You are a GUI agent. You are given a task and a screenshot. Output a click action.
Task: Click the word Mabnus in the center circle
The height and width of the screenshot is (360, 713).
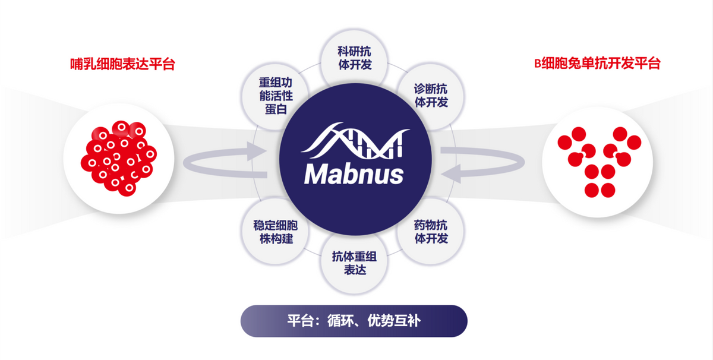pyautogui.click(x=354, y=174)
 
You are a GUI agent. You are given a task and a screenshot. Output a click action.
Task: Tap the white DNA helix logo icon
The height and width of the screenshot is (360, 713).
pyautogui.click(x=355, y=141)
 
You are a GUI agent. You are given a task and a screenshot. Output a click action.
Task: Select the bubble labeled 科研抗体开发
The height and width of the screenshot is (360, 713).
pyautogui.click(x=354, y=58)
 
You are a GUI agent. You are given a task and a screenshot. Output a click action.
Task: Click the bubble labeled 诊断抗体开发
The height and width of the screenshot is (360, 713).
pyautogui.click(x=431, y=96)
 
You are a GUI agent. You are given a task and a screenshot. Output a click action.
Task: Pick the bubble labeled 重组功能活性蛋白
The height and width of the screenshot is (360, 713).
pyautogui.click(x=276, y=96)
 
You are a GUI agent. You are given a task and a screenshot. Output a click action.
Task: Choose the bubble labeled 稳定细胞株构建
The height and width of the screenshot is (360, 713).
pyautogui.click(x=276, y=232)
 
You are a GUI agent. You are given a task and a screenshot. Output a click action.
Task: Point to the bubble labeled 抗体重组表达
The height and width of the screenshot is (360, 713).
pyautogui.click(x=354, y=263)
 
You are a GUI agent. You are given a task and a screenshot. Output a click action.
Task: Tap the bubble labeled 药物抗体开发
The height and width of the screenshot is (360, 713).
pyautogui.click(x=431, y=232)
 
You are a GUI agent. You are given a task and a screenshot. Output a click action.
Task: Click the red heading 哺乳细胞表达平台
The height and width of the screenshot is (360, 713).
pyautogui.click(x=122, y=64)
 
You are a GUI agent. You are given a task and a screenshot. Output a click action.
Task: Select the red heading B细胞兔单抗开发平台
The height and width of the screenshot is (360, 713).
pyautogui.click(x=597, y=64)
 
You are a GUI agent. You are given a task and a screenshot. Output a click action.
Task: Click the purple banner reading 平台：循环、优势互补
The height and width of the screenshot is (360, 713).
pyautogui.click(x=354, y=321)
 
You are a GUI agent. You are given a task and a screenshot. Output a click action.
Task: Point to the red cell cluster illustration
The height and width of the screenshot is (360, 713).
pyautogui.click(x=119, y=158)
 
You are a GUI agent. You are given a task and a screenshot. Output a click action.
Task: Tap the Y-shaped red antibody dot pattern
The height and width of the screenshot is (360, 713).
pyautogui.click(x=600, y=162)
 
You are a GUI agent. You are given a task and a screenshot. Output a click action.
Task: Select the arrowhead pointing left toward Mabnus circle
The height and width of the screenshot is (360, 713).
pyautogui.click(x=451, y=174)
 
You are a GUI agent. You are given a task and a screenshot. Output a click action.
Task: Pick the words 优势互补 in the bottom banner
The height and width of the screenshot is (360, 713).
pyautogui.click(x=394, y=321)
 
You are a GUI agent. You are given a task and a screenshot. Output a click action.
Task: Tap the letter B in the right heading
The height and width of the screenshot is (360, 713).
pyautogui.click(x=538, y=64)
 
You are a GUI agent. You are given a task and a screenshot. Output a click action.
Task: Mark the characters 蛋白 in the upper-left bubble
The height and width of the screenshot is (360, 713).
pyautogui.click(x=276, y=109)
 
